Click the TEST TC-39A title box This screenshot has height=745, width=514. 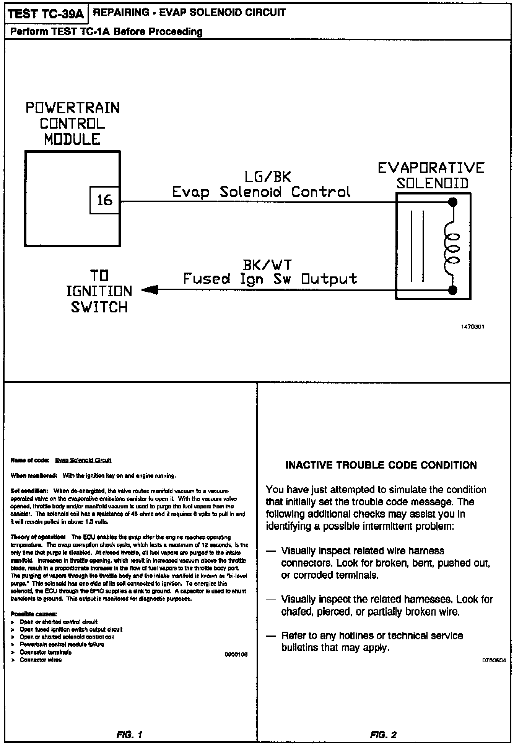(x=46, y=14)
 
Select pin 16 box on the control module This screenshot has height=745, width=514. (x=104, y=200)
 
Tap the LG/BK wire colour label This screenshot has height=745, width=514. (x=268, y=177)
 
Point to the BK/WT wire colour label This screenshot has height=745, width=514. (x=267, y=265)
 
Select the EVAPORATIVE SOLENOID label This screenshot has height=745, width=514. (x=431, y=176)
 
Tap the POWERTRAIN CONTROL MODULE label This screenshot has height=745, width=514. (x=72, y=123)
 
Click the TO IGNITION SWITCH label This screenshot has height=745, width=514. (x=99, y=291)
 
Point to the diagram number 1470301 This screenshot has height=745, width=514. (x=472, y=327)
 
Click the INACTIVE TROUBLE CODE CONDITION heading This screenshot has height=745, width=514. (x=381, y=465)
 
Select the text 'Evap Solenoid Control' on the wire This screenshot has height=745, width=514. (x=261, y=192)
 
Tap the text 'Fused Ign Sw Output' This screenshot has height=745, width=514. (x=270, y=279)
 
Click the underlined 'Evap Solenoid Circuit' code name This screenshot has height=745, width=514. (x=83, y=460)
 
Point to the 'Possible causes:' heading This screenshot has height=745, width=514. (x=34, y=614)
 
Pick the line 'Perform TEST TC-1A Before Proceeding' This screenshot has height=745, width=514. (x=106, y=31)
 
